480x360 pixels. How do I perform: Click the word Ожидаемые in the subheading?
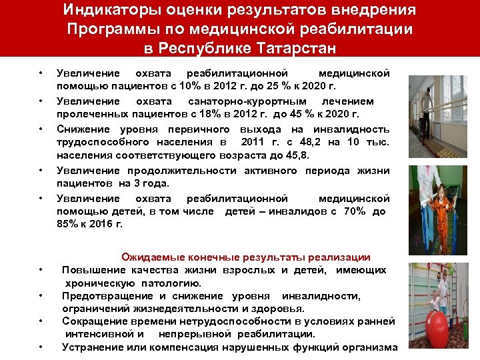pos(150,257)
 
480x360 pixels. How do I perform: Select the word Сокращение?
pos(95,321)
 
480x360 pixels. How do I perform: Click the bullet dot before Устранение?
pos(41,347)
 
